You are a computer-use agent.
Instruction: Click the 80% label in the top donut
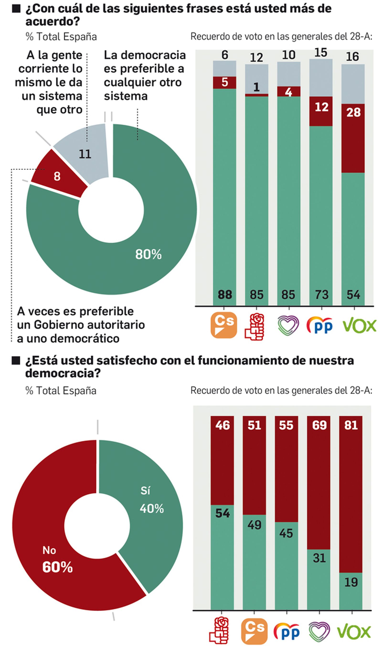148,254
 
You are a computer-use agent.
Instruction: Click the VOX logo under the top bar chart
359,326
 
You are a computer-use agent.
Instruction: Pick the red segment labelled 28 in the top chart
353,138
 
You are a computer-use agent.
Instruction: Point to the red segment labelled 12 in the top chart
321,111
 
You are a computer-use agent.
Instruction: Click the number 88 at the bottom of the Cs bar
224,295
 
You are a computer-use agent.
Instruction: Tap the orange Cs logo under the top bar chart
223,325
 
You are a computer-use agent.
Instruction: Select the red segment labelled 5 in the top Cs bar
224,82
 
